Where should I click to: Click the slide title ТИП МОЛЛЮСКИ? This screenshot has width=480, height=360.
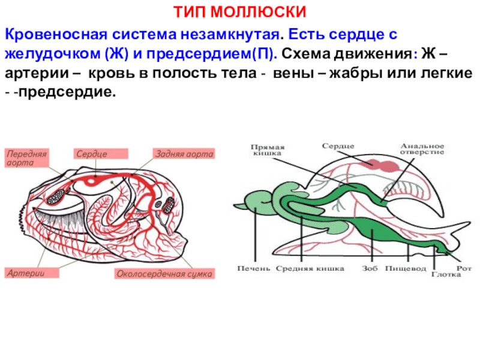[240, 12]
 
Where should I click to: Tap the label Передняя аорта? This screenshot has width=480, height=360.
[27, 158]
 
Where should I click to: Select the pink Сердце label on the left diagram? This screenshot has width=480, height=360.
[92, 154]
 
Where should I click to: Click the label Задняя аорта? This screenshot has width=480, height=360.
[184, 154]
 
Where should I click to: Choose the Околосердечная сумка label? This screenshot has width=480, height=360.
[164, 274]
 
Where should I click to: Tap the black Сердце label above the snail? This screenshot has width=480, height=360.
[338, 146]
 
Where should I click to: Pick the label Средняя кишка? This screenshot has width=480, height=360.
[310, 269]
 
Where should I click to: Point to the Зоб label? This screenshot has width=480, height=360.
[370, 269]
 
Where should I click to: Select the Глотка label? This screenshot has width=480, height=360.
[446, 275]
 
